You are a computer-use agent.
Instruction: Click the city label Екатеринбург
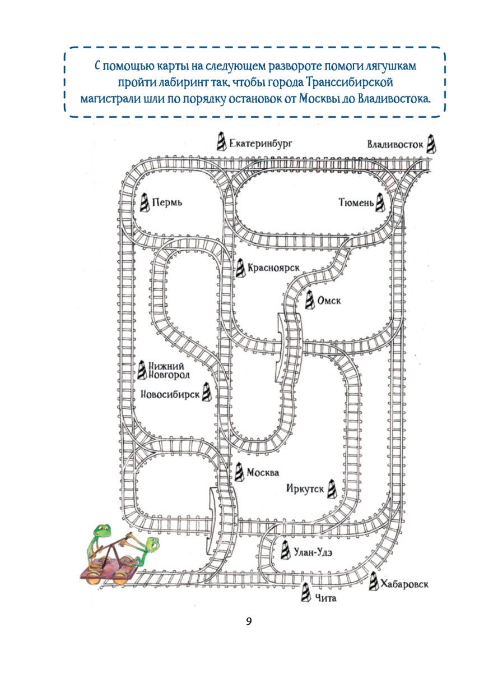click(261, 144)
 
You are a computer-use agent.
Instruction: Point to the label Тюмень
click(355, 202)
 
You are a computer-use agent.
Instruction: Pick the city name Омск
click(329, 301)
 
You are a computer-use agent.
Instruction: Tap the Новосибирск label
click(170, 394)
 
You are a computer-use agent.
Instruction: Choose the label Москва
click(263, 472)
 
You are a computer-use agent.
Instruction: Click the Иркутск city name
click(305, 490)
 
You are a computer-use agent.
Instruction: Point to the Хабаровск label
click(404, 585)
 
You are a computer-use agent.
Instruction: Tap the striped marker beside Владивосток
click(430, 143)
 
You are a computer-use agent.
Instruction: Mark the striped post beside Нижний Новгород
click(143, 369)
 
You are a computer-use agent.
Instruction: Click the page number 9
click(249, 621)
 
